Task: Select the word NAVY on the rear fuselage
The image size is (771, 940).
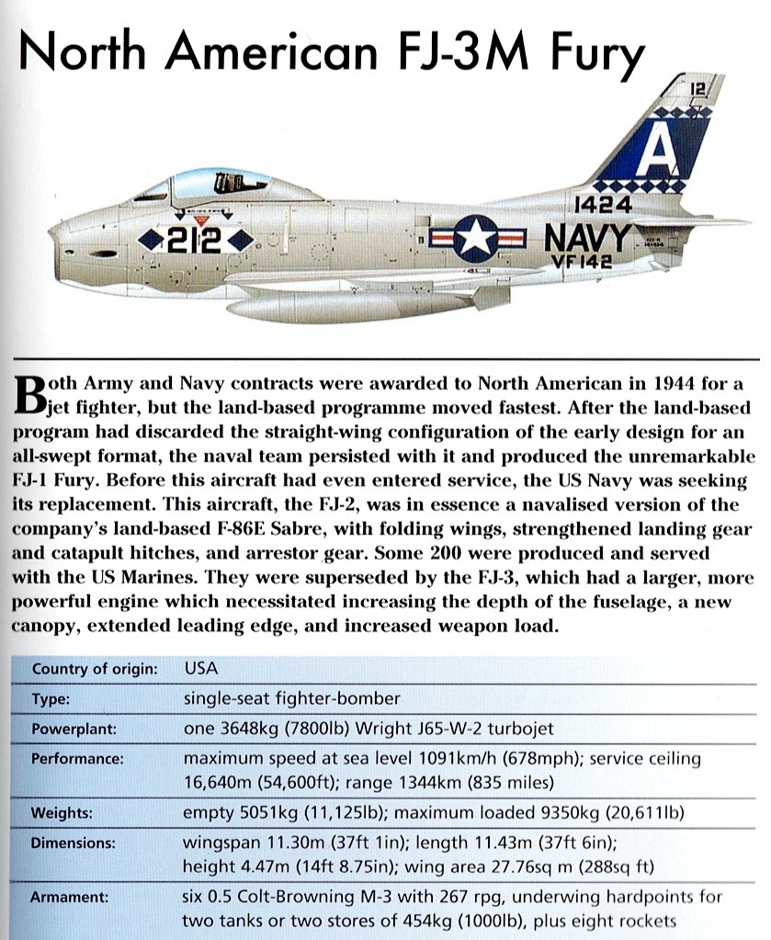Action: (588, 239)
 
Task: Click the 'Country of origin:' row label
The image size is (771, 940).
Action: (94, 668)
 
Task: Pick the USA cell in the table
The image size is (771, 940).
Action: (201, 668)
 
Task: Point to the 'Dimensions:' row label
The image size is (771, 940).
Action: (73, 842)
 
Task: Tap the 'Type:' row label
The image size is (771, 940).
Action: (50, 698)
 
